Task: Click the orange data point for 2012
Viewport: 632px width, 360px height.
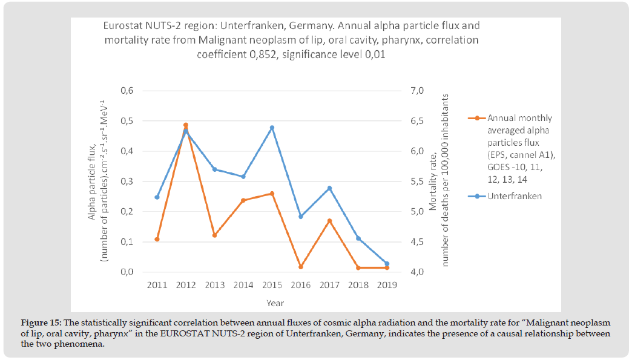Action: coord(185,125)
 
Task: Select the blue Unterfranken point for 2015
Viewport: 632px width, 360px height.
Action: coord(272,128)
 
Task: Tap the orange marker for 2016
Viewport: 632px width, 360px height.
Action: coord(301,267)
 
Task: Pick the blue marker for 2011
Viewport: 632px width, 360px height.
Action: coord(157,197)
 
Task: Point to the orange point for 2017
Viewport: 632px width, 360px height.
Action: coord(329,221)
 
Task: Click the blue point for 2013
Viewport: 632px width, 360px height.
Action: coord(214,169)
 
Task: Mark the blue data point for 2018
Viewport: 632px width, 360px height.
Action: coord(358,238)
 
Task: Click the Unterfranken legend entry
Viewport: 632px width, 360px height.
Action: coord(514,196)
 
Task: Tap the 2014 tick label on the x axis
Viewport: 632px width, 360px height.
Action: coord(243,284)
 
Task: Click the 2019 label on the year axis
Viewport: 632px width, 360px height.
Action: coord(387,284)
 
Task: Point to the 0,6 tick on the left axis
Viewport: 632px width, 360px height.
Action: coord(125,91)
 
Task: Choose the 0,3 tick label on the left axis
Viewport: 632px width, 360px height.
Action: coord(125,182)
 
